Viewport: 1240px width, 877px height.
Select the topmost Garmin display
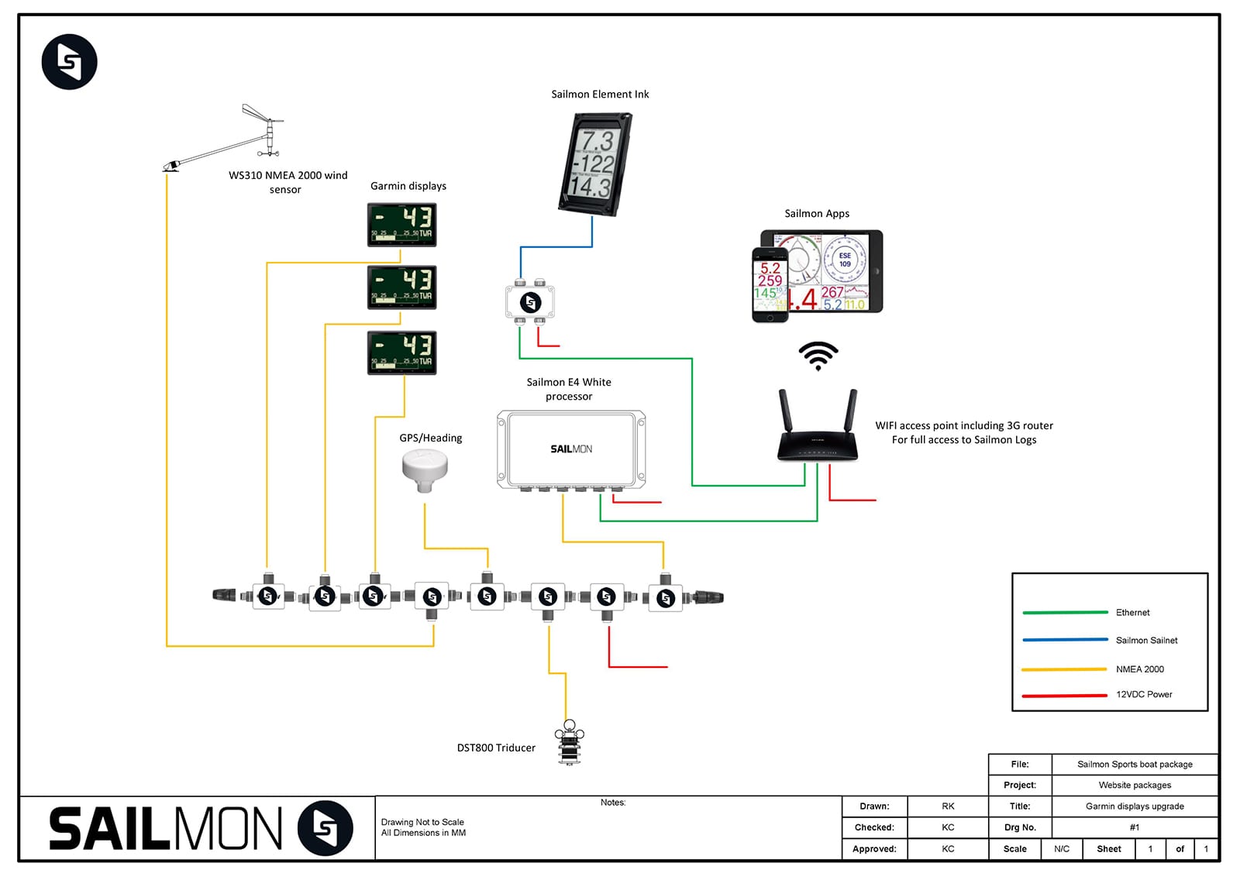pos(401,225)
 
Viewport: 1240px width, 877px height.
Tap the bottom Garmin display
pos(401,353)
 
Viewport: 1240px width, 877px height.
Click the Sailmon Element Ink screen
pos(595,163)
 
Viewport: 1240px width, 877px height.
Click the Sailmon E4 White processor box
pos(571,449)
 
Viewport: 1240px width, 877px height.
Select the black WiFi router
pos(818,434)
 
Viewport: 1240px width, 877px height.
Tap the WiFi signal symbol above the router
pos(818,356)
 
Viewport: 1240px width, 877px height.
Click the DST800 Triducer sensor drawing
pos(569,743)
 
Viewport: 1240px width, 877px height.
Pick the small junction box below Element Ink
pos(530,301)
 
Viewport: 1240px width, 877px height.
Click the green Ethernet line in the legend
pos(1065,613)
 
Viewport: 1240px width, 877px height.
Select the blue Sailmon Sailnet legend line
pos(1065,640)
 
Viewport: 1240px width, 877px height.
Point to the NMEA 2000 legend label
pos(1139,669)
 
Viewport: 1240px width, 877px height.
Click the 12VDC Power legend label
pos(1144,695)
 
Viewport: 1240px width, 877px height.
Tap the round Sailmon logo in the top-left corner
pos(70,62)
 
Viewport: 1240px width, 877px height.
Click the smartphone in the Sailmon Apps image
pos(770,284)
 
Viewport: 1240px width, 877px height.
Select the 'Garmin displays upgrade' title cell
pos(1135,806)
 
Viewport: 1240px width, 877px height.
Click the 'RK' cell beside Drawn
pos(948,806)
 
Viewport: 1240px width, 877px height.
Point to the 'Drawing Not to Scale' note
pos(422,823)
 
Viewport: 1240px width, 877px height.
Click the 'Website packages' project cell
pos(1135,786)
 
